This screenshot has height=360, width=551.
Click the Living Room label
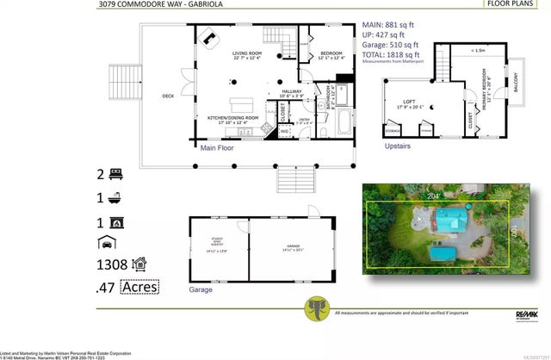[x=246, y=58]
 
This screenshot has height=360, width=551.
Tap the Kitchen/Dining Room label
[x=232, y=117]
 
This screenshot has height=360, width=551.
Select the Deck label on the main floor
[x=168, y=96]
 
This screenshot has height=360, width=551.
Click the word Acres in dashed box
[x=139, y=287]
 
